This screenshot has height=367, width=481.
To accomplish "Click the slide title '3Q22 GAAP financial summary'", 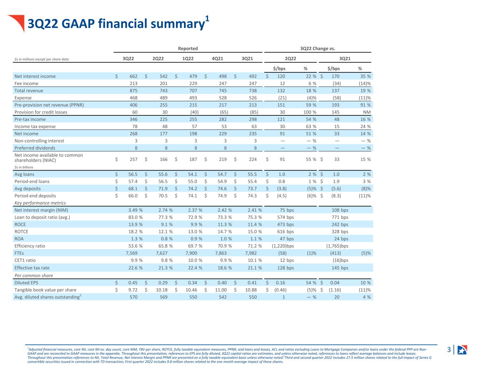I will click(x=116, y=24).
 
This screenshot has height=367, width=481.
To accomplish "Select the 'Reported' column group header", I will click(x=187, y=49).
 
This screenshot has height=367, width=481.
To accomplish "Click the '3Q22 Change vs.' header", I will click(x=317, y=49).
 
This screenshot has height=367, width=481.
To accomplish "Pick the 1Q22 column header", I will click(x=187, y=59).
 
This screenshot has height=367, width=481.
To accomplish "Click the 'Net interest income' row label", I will click(x=35, y=76).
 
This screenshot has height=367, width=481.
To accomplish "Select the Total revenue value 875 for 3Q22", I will click(x=133, y=91).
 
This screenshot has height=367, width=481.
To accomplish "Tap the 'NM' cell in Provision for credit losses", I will click(x=367, y=112).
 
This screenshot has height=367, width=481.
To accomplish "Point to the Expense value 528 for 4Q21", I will click(x=223, y=98).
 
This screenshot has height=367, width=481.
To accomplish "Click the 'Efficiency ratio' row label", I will click(x=30, y=246).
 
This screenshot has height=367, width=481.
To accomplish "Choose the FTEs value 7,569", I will click(x=131, y=253).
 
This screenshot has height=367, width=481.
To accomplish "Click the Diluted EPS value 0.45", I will click(x=133, y=283).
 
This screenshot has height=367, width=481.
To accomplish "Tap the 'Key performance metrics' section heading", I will click(x=40, y=203).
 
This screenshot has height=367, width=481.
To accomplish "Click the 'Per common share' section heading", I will click(x=33, y=276).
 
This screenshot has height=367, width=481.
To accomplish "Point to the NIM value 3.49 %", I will click(x=135, y=210).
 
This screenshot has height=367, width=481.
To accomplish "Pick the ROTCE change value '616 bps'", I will click(x=285, y=231).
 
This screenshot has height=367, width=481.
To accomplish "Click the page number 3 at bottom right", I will click(x=449, y=350).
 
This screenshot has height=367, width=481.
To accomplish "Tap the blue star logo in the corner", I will click(x=462, y=350).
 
